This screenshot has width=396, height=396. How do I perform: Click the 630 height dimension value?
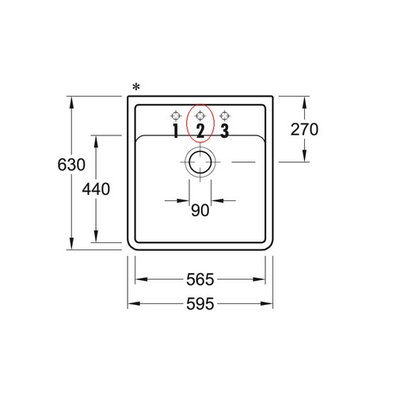click(71, 165)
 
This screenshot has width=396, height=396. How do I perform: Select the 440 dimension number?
click(96, 189)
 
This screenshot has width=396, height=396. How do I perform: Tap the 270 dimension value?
click(304, 129)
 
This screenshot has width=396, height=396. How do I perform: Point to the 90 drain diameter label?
click(200, 211)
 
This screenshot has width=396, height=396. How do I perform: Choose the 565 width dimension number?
click(200, 280)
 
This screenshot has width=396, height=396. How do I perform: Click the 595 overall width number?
click(200, 304)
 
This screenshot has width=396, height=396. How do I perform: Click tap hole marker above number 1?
click(176, 116)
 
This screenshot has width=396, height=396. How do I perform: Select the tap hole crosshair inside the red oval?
click(200, 116)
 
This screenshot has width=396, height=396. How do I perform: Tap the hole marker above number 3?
click(225, 116)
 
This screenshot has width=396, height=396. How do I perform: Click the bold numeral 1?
click(176, 131)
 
